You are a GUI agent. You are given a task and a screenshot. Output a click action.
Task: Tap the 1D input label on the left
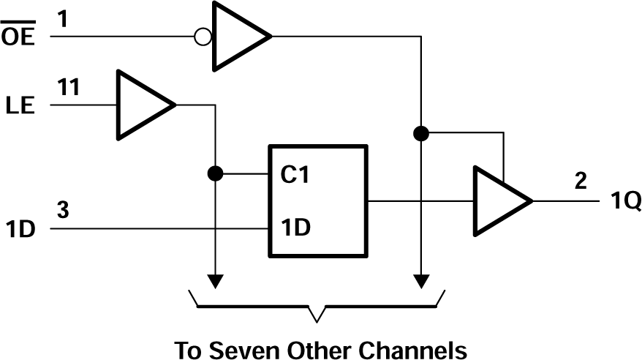(x=21, y=230)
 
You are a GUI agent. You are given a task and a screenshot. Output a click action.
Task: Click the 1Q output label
(x=625, y=202)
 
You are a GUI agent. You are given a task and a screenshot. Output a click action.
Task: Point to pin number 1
(x=62, y=17)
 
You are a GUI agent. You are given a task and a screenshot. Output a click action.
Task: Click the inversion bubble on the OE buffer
(x=205, y=35)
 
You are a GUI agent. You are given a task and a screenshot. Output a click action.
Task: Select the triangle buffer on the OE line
(x=238, y=35)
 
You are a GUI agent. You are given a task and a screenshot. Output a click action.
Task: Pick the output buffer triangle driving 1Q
(x=500, y=200)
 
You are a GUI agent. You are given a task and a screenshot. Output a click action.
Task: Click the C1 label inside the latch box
(x=296, y=176)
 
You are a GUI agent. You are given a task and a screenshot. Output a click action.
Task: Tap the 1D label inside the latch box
(x=296, y=228)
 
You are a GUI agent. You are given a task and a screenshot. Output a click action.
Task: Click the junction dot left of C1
(x=215, y=175)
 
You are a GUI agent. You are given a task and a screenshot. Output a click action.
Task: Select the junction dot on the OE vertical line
(x=420, y=134)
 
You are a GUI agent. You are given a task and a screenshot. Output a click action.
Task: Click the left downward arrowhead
(x=215, y=281)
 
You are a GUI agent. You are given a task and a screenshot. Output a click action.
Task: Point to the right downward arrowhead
(x=420, y=281)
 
